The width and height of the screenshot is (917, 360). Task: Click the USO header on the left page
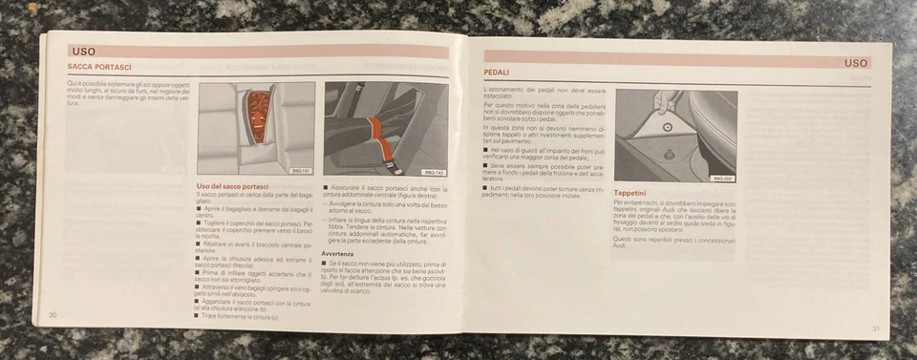point(83,51)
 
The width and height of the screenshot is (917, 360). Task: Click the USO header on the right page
point(855,63)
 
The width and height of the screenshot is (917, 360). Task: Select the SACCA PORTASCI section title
point(98,67)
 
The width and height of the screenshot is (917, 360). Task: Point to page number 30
point(54,314)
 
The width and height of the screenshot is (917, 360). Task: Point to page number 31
point(874,328)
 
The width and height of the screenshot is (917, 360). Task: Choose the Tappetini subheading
point(635,193)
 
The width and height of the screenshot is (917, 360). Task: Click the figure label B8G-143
point(434,172)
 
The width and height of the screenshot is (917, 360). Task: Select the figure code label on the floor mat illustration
point(723,178)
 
